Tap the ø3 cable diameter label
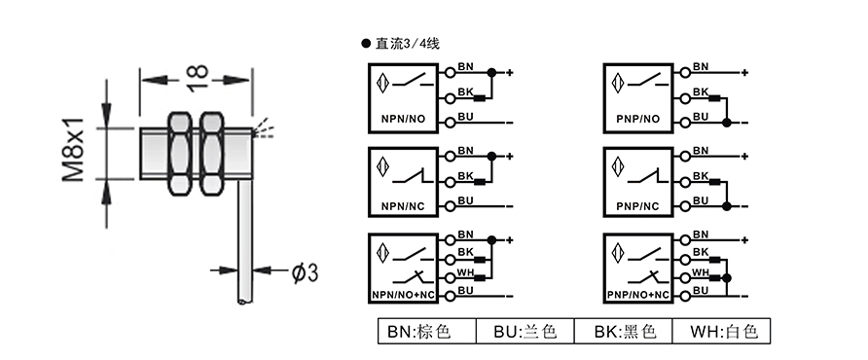pos(303,272)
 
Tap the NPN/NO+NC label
pos(402,293)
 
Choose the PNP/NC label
pos(637,207)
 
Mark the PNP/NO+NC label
pos(638,293)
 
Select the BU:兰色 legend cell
pos(524,332)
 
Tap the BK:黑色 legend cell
pos(624,332)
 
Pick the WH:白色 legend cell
pos(723,332)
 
